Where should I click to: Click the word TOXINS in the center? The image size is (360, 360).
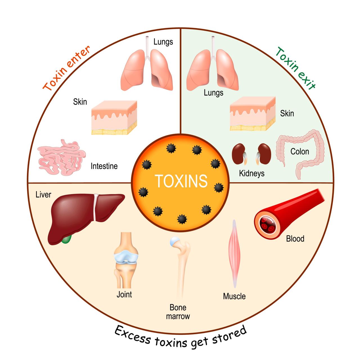pyautogui.click(x=181, y=181)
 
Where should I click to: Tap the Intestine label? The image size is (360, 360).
pyautogui.click(x=104, y=166)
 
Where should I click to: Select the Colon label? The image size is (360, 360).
pyautogui.click(x=300, y=151)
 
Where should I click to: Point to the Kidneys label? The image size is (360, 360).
pyautogui.click(x=251, y=173)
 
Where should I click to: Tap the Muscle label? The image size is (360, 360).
pyautogui.click(x=234, y=296)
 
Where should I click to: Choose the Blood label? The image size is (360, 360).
pyautogui.click(x=295, y=238)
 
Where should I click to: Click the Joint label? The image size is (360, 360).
pyautogui.click(x=124, y=294)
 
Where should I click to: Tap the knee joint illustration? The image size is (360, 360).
pyautogui.click(x=126, y=260)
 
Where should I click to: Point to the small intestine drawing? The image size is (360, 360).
pyautogui.click(x=62, y=157)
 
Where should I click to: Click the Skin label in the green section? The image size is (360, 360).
pyautogui.click(x=287, y=113)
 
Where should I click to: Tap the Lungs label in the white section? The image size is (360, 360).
pyautogui.click(x=163, y=42)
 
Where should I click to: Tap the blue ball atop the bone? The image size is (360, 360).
pyautogui.click(x=174, y=241)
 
